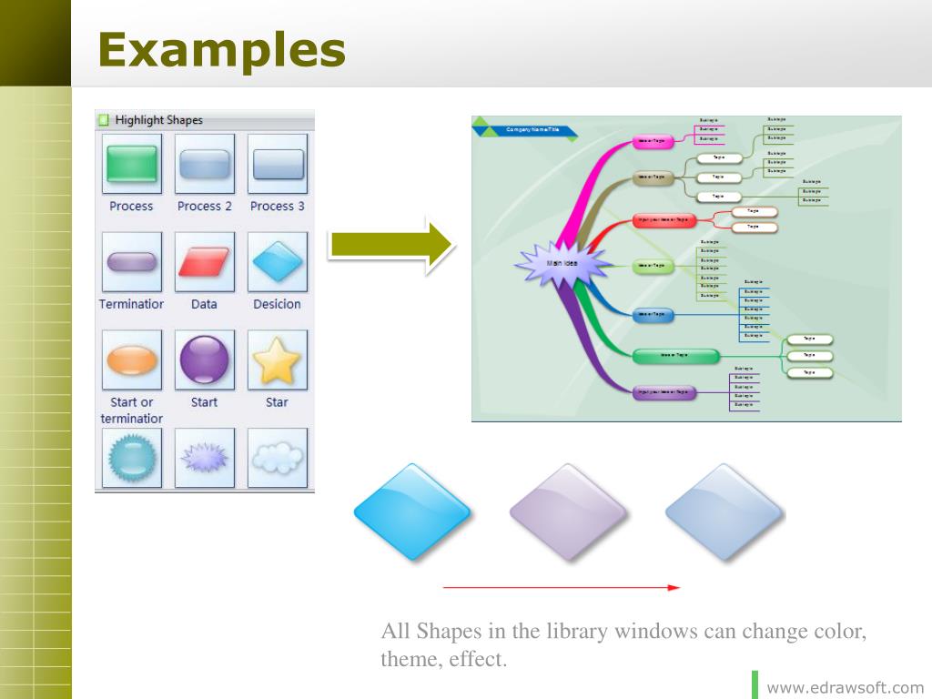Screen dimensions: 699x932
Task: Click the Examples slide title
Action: click(222, 49)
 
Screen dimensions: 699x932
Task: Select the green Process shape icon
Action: click(132, 164)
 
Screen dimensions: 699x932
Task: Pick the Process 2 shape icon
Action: click(205, 164)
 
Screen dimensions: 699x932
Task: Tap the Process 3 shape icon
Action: click(278, 164)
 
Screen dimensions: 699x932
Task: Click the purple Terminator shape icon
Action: click(132, 261)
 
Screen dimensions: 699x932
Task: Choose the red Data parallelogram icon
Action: click(205, 261)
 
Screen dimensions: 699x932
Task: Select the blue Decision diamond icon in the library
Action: click(278, 262)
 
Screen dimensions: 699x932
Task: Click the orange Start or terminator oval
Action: click(132, 360)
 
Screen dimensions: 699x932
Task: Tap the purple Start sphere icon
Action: click(205, 360)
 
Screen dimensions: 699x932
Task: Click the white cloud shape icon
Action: click(278, 458)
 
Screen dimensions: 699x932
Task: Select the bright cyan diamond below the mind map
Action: click(411, 512)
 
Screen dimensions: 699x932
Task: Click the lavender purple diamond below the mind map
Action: click(568, 512)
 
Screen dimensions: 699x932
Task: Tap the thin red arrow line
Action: click(561, 588)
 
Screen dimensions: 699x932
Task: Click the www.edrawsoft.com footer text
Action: click(846, 687)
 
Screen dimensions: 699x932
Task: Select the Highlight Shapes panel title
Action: click(158, 120)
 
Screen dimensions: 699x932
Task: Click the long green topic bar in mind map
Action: click(675, 355)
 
